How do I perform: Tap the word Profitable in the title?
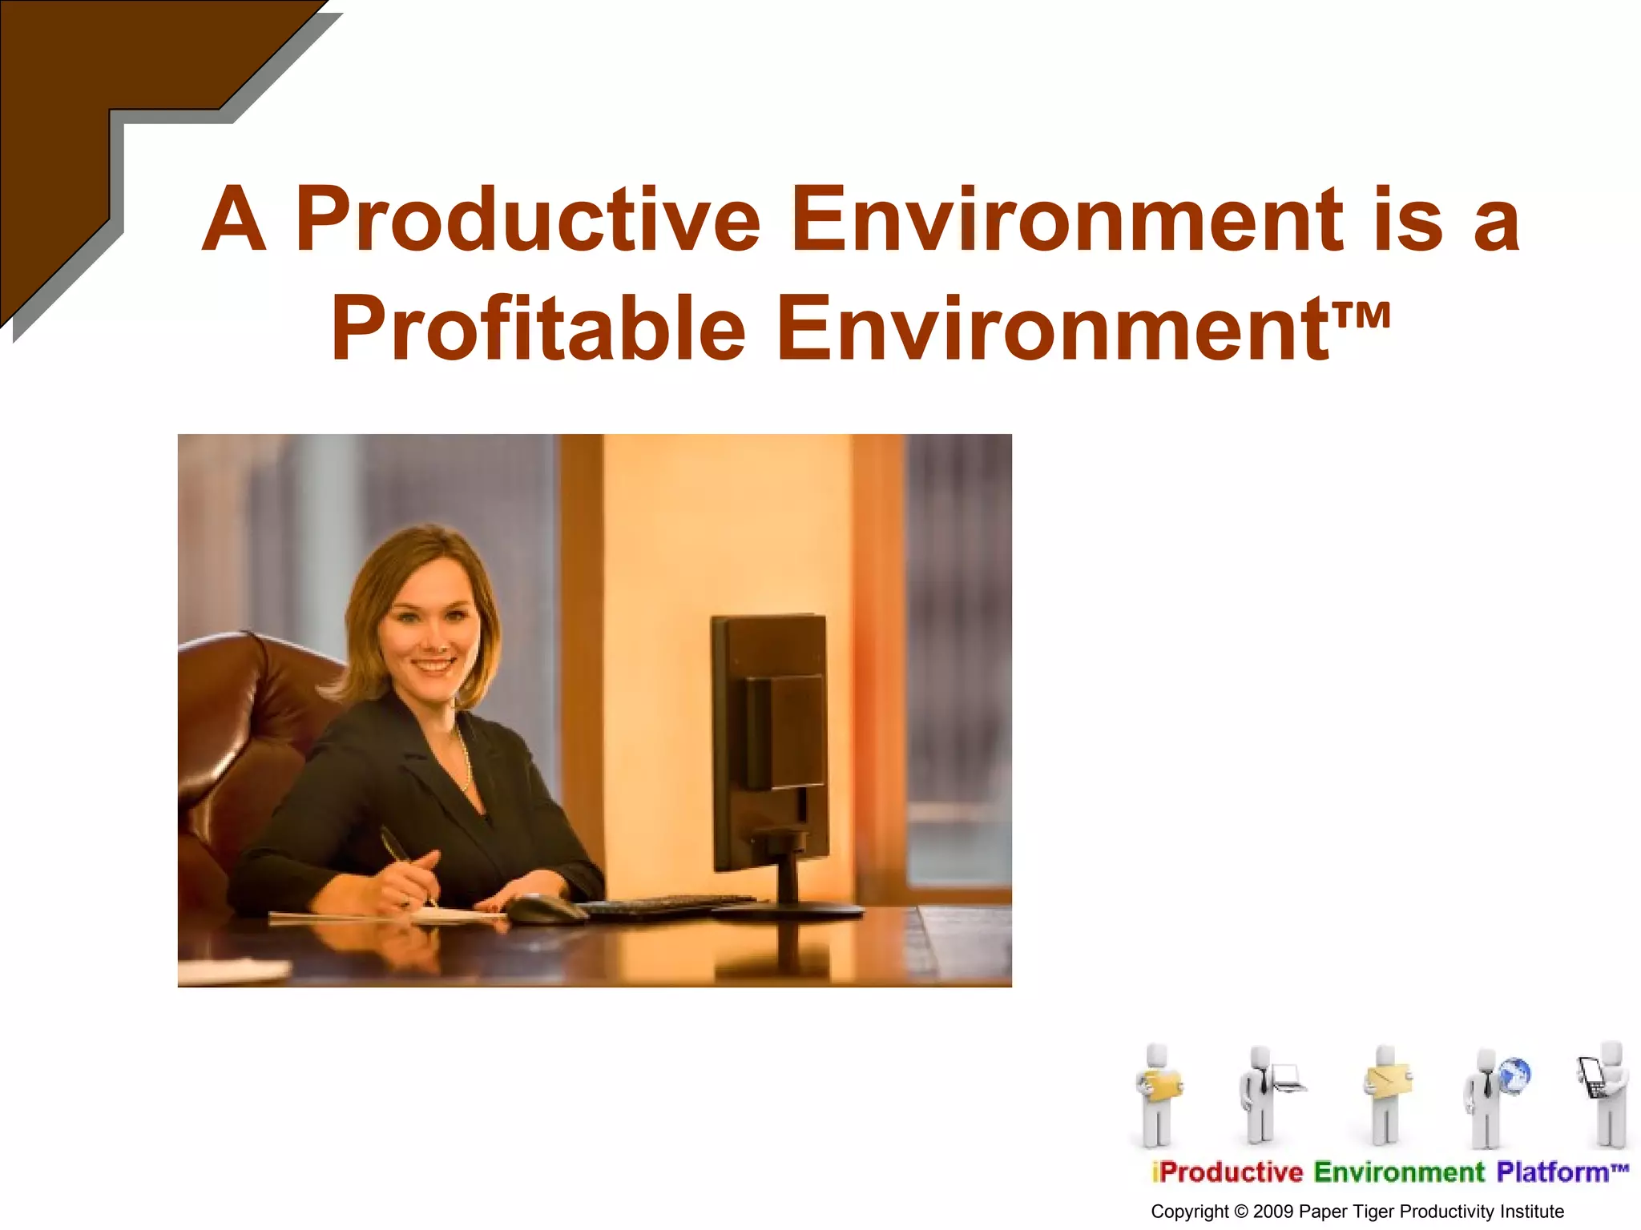[x=538, y=328]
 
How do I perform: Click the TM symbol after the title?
[x=1363, y=314]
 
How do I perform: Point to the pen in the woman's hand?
[x=401, y=857]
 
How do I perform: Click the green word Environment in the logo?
[x=1399, y=1172]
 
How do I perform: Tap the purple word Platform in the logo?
[x=1551, y=1172]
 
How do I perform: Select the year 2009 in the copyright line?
[x=1273, y=1212]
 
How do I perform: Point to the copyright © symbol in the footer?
[x=1241, y=1212]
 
